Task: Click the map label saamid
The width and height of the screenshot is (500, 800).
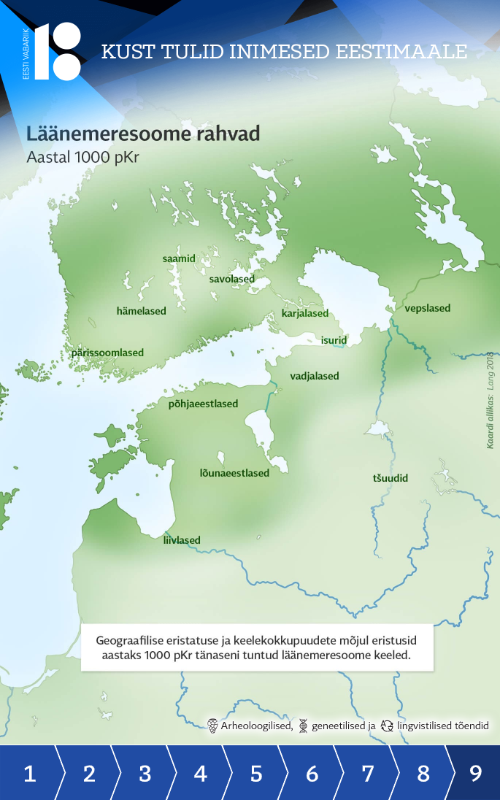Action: (x=179, y=258)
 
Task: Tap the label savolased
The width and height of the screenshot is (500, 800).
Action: (x=231, y=279)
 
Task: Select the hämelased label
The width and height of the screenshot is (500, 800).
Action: (x=142, y=311)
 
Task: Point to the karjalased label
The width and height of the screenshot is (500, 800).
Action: (x=305, y=314)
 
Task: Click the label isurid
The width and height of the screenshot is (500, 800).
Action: (x=334, y=340)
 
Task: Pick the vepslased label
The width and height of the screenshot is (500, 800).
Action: (x=428, y=308)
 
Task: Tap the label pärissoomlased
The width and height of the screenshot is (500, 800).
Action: (x=107, y=353)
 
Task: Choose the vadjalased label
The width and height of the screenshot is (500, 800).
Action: (x=315, y=376)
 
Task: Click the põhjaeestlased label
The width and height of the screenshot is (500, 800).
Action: (x=203, y=404)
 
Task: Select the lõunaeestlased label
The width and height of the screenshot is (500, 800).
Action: (x=234, y=472)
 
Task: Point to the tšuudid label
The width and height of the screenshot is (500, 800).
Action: (x=391, y=478)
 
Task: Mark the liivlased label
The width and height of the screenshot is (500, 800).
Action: (x=182, y=540)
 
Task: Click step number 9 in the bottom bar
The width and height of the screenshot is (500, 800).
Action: (x=475, y=773)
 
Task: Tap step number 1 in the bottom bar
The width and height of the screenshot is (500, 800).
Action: (x=30, y=773)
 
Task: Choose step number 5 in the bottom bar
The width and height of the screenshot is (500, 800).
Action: (x=256, y=773)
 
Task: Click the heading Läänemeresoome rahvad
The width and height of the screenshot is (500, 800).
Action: (x=143, y=135)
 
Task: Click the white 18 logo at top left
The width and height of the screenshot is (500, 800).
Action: (x=58, y=51)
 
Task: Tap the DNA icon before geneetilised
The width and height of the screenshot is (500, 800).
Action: (x=303, y=726)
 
